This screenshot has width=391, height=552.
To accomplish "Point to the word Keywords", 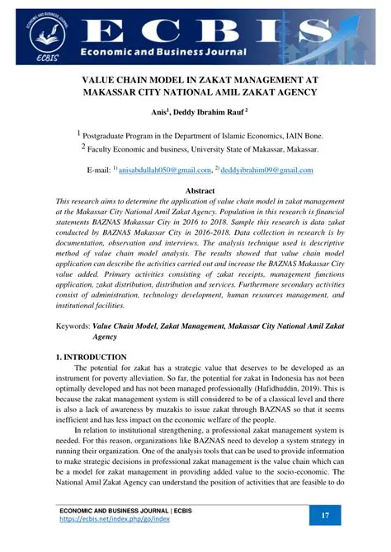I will [72, 326].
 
